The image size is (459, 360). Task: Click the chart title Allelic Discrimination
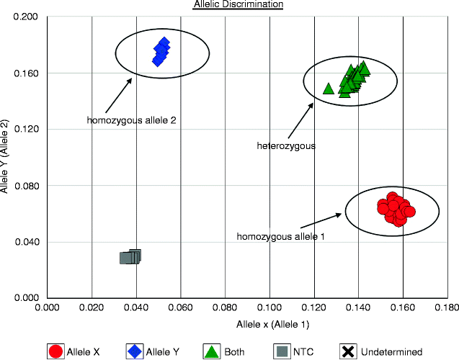pos(238,5)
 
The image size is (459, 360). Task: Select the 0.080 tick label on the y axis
pos(28,185)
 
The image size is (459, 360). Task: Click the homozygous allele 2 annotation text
pos(132,120)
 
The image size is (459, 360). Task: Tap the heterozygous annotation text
pos(286,146)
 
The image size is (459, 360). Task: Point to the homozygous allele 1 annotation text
pos(281,236)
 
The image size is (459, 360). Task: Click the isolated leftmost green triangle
pos(329,89)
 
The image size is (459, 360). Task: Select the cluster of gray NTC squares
pos(130,256)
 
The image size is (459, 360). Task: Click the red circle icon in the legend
pos(55,351)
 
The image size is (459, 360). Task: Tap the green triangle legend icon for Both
pos(212,351)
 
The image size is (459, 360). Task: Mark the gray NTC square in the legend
pos(282,351)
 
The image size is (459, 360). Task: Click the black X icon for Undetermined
pos(348,351)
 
